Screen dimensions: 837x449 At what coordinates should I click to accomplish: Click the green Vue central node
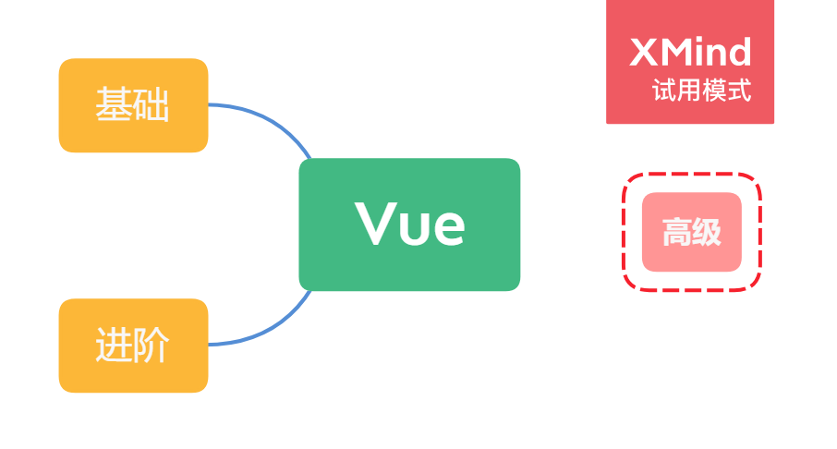tap(409, 224)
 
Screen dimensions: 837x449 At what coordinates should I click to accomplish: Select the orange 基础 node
tap(133, 105)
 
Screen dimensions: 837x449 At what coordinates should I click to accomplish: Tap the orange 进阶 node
tap(133, 346)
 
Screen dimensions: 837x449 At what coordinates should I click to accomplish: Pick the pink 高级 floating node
tap(692, 232)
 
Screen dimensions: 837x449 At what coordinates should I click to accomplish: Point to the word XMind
tap(690, 53)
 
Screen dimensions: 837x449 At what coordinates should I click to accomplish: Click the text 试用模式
tap(701, 91)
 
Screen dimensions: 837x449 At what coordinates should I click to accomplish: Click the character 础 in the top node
tap(152, 105)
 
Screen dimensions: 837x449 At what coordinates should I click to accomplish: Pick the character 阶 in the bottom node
tap(152, 346)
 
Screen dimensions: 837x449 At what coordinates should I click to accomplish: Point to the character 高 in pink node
tap(677, 233)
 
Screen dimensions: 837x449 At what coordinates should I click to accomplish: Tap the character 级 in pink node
tap(707, 233)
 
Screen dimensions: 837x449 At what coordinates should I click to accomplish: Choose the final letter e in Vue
tap(447, 227)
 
